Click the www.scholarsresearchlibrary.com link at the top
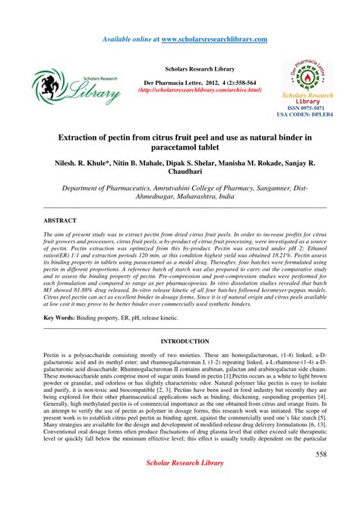(213, 38)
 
